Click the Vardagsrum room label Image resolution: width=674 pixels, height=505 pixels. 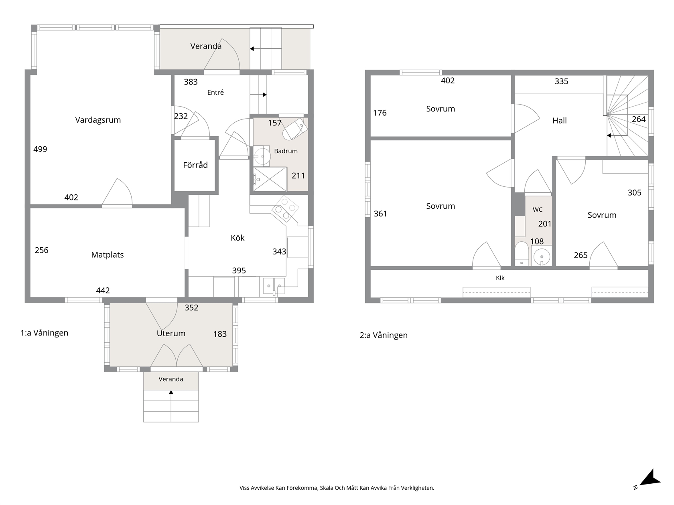click(x=98, y=120)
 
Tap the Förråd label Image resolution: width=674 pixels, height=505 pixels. click(x=195, y=165)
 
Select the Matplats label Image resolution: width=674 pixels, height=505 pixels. click(x=108, y=255)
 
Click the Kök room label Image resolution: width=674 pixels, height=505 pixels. click(x=238, y=238)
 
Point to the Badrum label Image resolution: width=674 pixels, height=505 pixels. click(x=286, y=151)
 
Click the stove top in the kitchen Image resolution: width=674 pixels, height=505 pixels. click(x=285, y=209)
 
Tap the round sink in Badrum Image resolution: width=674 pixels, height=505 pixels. click(x=262, y=156)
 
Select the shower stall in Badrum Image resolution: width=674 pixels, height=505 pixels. click(x=270, y=179)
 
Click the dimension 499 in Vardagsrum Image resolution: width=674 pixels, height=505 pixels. click(x=40, y=149)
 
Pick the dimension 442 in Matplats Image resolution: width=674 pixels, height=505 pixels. click(x=103, y=290)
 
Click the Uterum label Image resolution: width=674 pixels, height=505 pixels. click(x=171, y=333)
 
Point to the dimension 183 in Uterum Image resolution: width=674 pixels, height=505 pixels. click(x=220, y=334)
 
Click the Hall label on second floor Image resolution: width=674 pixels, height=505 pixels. click(x=560, y=121)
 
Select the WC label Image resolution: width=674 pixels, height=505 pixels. click(x=538, y=210)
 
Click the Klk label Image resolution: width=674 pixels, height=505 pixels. click(x=500, y=278)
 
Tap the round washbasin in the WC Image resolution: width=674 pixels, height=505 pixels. click(x=542, y=257)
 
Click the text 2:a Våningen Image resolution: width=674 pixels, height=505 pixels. click(x=384, y=335)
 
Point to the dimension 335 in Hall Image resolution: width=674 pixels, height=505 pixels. click(x=561, y=81)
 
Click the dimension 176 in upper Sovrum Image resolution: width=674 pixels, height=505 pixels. click(x=380, y=113)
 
